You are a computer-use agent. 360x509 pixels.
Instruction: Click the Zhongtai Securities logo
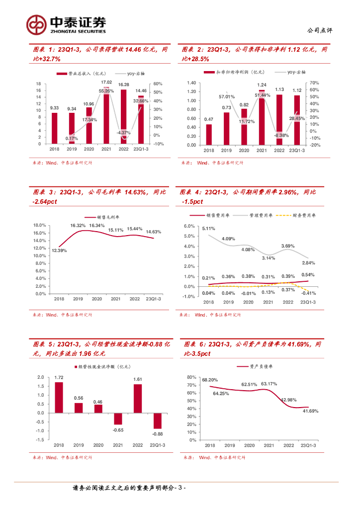point(67,23)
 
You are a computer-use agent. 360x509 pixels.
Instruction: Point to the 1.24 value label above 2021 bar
point(262,85)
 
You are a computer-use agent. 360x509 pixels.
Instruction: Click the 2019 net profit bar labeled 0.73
point(226,128)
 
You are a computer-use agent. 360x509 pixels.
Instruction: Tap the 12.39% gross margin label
point(59,251)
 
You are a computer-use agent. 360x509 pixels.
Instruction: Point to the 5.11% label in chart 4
point(208,229)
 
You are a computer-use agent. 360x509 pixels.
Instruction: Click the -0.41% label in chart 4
point(309,293)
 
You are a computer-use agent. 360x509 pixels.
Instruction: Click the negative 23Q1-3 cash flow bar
point(157,421)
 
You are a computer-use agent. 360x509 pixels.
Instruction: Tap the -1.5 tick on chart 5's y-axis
point(40,440)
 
